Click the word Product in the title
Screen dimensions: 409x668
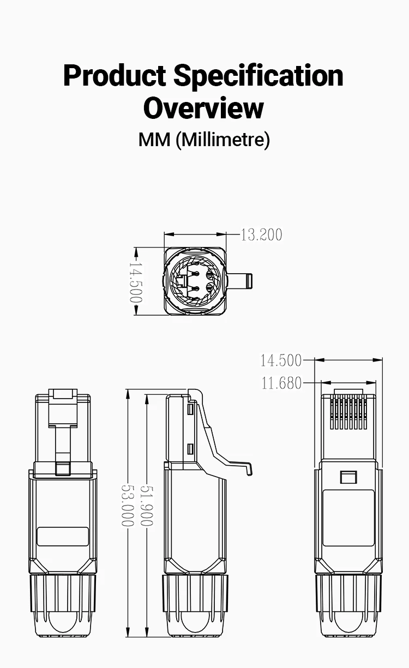coord(115,75)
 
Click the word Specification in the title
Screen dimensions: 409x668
coord(258,75)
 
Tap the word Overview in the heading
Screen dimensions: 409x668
coord(204,108)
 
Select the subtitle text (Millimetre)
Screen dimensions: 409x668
coord(222,140)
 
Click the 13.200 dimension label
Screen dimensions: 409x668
coord(261,234)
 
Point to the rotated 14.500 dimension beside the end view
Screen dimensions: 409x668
coord(136,282)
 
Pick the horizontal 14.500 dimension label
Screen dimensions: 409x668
coord(281,360)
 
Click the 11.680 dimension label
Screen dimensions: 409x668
coord(281,383)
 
